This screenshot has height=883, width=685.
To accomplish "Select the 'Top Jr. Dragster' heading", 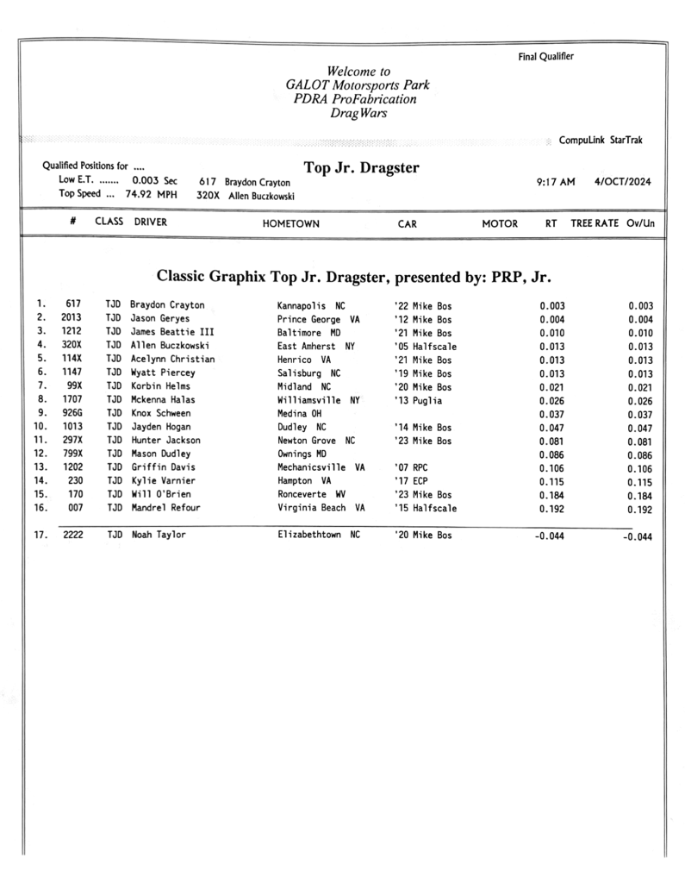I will (x=362, y=166).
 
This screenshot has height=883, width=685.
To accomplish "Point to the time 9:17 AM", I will (x=549, y=182).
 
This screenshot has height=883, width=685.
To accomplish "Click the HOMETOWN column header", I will (x=291, y=223).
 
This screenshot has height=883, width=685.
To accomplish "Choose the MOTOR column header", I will (x=500, y=223).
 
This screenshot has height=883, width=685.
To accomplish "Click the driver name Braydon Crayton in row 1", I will (x=167, y=305).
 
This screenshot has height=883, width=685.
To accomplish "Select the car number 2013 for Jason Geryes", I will (x=72, y=318).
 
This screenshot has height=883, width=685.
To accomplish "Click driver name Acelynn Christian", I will (x=172, y=360).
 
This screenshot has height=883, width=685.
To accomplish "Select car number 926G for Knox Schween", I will (x=72, y=414).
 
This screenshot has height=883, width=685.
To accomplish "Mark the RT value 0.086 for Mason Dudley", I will (x=551, y=454).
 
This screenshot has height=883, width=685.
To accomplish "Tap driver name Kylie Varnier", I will (x=163, y=481).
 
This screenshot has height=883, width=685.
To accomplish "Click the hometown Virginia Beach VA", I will (x=321, y=509).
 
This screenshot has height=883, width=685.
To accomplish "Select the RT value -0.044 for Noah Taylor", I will (x=550, y=535).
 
